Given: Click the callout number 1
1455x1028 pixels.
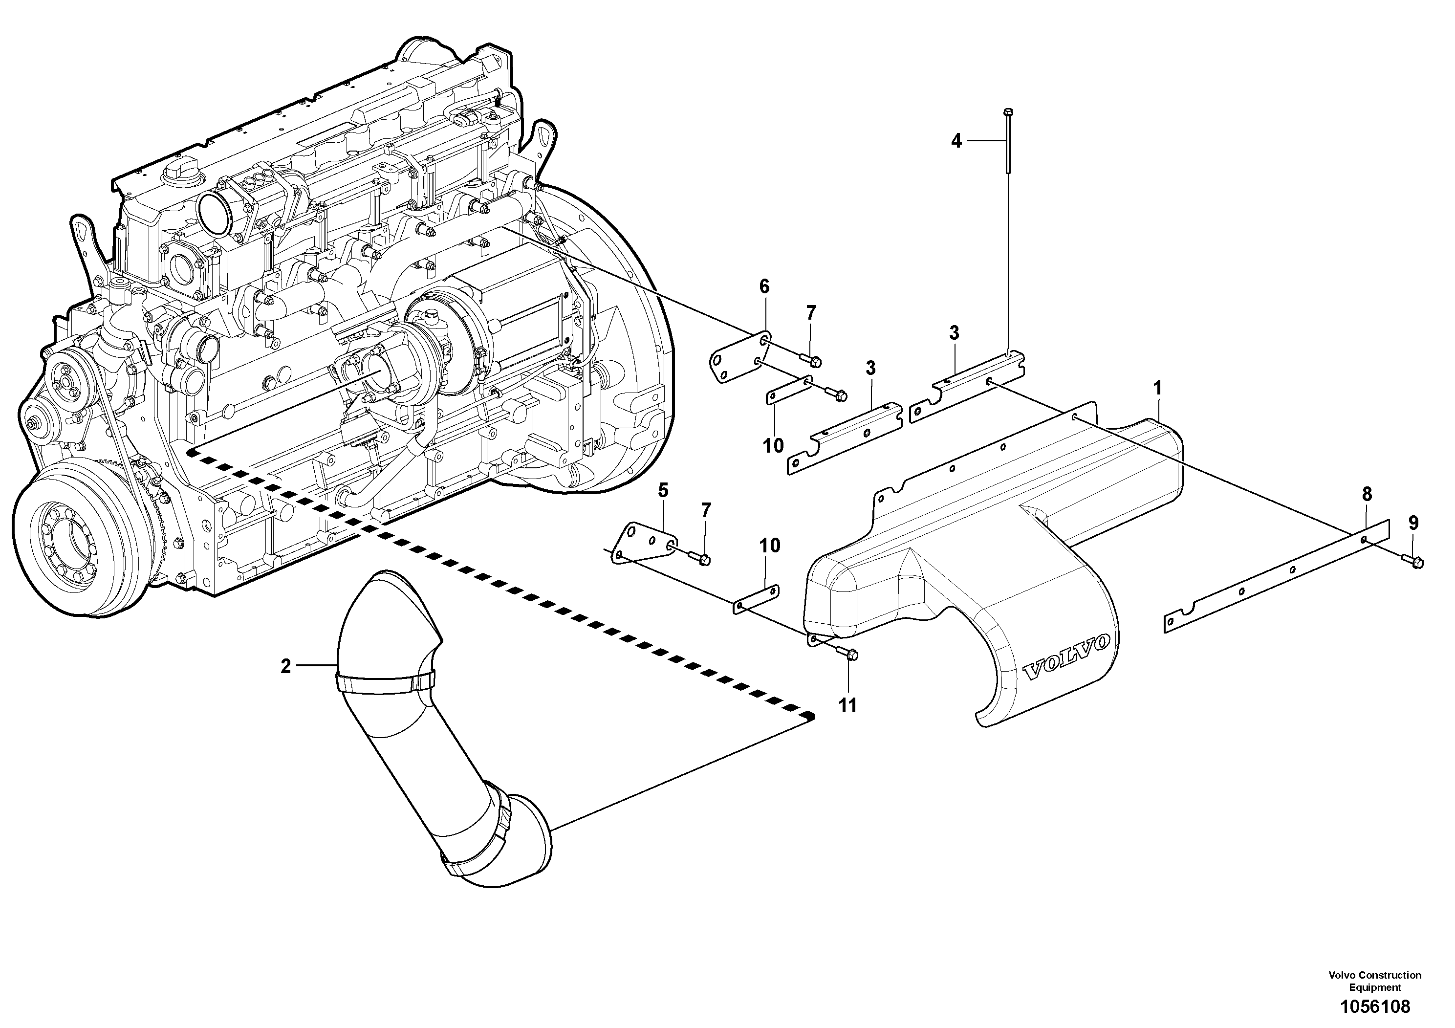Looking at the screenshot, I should tap(1157, 387).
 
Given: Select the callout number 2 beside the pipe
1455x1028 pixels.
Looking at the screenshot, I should tap(286, 666).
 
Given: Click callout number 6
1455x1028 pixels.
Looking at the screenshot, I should tap(764, 287).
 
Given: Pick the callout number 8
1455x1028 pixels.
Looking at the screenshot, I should tap(1366, 494).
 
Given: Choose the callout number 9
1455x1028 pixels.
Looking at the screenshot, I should tap(1413, 523).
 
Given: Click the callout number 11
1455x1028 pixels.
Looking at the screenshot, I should tap(847, 705).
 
